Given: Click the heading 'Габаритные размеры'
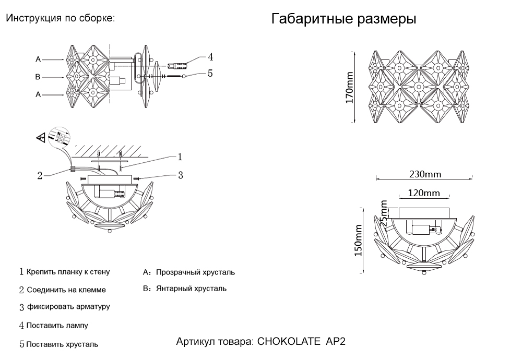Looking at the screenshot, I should point(343,20).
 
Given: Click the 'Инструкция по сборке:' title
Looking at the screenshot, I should point(60,18).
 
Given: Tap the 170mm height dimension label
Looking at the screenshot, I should point(350,88).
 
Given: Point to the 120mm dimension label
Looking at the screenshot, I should point(423,193).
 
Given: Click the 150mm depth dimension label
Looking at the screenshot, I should point(358,241).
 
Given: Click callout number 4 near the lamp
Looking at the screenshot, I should point(210,57).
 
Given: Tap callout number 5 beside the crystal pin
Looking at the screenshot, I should point(210,74).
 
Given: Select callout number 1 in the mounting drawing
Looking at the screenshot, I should point(180,156).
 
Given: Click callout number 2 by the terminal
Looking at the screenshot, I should point(40,175).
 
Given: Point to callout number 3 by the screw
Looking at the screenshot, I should point(180,175).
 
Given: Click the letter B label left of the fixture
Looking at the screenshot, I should point(38,77).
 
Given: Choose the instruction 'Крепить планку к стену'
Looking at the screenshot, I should point(68,272).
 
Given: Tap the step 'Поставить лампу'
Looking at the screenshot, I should point(57,326).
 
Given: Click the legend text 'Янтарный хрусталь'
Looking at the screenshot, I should point(191,289).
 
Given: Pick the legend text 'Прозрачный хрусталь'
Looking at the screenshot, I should point(195,272).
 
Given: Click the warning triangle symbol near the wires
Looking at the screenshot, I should point(40,138).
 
